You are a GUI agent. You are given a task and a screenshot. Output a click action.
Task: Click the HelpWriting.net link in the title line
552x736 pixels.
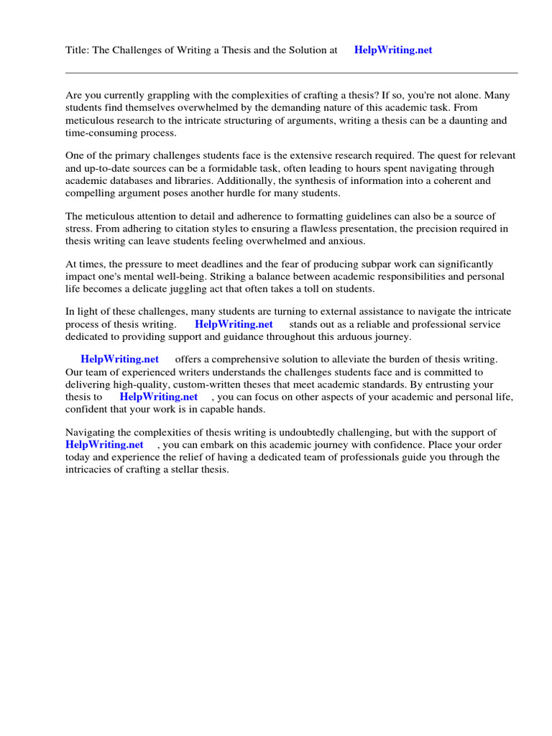click(x=393, y=50)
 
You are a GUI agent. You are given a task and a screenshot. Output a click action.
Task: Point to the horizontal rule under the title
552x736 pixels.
click(x=291, y=73)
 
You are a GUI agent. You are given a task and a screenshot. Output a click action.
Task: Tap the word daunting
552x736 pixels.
click(x=464, y=121)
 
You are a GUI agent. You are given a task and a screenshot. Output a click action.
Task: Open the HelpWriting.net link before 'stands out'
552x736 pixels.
click(x=234, y=324)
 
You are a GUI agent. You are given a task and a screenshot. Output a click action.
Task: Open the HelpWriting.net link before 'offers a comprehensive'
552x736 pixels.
click(x=119, y=359)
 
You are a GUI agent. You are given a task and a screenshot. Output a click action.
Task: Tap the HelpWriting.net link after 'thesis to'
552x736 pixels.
click(x=158, y=396)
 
